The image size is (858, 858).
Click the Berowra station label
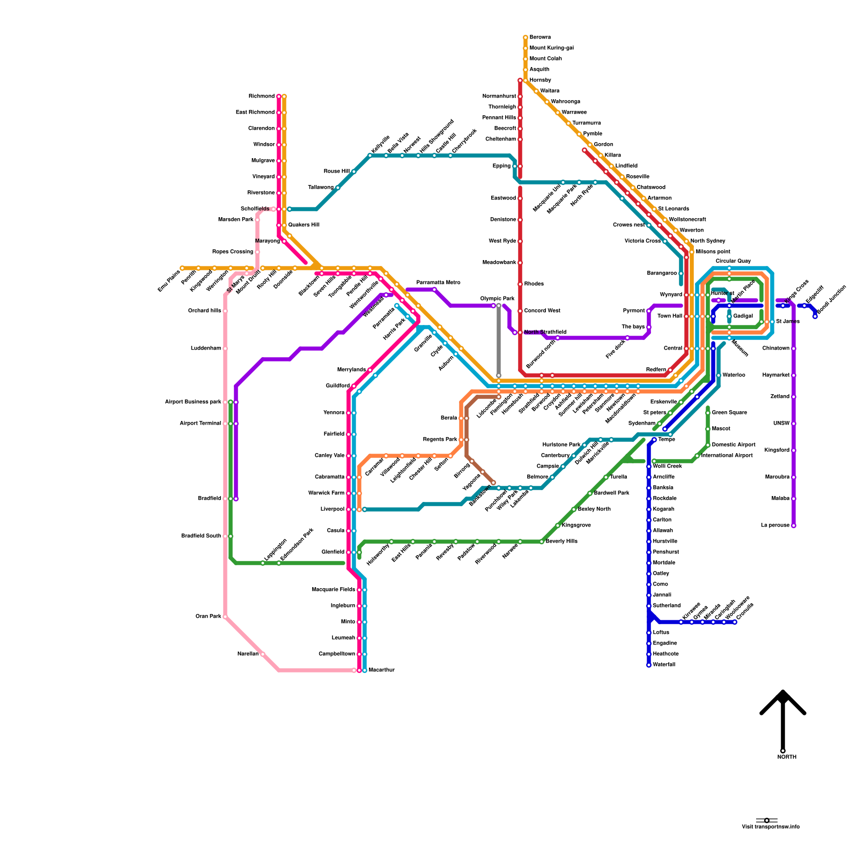coord(540,38)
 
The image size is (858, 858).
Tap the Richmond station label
coord(262,97)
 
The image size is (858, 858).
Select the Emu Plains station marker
coord(182,268)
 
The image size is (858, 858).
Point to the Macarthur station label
coord(382,670)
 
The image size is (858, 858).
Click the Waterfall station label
coord(664,665)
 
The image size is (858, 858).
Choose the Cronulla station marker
coord(735,622)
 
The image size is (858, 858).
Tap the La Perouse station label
coord(775,526)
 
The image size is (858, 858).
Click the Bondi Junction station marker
coord(815,316)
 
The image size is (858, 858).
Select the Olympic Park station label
coord(497,299)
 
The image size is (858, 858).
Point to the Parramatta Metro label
coord(438,283)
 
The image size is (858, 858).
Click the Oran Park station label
coord(209,617)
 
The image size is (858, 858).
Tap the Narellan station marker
coord(263,654)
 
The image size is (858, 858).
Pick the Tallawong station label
coord(321,188)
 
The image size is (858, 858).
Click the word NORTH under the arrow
coord(787,757)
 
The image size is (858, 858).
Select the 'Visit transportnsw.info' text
coord(771,827)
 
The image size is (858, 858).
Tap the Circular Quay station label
coord(733,261)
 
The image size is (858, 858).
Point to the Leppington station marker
coord(263,563)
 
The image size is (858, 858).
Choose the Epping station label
coord(502,166)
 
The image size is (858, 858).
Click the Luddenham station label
coord(206,349)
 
